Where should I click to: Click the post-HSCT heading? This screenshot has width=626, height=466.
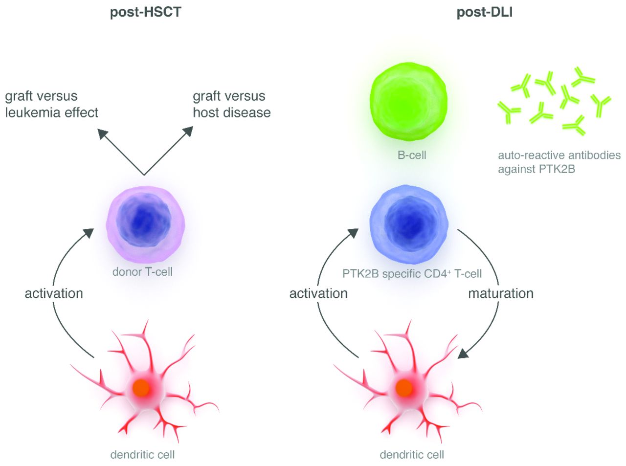pyautogui.click(x=145, y=12)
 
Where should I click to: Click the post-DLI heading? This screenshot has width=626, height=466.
pyautogui.click(x=484, y=12)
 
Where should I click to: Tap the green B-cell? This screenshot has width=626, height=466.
pyautogui.click(x=408, y=101)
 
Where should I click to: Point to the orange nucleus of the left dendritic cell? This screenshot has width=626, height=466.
pyautogui.click(x=141, y=388)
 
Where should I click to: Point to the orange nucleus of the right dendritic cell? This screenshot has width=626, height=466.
pyautogui.click(x=403, y=388)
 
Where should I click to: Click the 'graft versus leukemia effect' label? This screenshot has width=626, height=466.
pyautogui.click(x=51, y=104)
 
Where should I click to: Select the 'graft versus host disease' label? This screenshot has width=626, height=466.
pyautogui.click(x=231, y=104)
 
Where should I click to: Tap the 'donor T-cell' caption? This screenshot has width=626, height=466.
pyautogui.click(x=142, y=272)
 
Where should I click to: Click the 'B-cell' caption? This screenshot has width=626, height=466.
pyautogui.click(x=412, y=155)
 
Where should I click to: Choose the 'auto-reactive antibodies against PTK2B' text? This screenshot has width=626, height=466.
pyautogui.click(x=559, y=162)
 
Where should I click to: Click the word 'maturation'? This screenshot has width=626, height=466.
pyautogui.click(x=501, y=293)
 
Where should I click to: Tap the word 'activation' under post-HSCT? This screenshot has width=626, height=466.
pyautogui.click(x=54, y=293)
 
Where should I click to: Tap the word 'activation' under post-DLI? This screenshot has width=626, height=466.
pyautogui.click(x=318, y=293)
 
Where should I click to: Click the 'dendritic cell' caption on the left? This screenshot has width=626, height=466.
pyautogui.click(x=142, y=455)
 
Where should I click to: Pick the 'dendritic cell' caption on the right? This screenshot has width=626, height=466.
pyautogui.click(x=412, y=455)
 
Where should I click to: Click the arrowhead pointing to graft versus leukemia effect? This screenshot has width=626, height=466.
pyautogui.click(x=102, y=133)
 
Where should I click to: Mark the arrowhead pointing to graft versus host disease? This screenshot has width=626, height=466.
pyautogui.click(x=188, y=132)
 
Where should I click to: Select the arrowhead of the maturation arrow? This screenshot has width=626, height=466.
pyautogui.click(x=463, y=353)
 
